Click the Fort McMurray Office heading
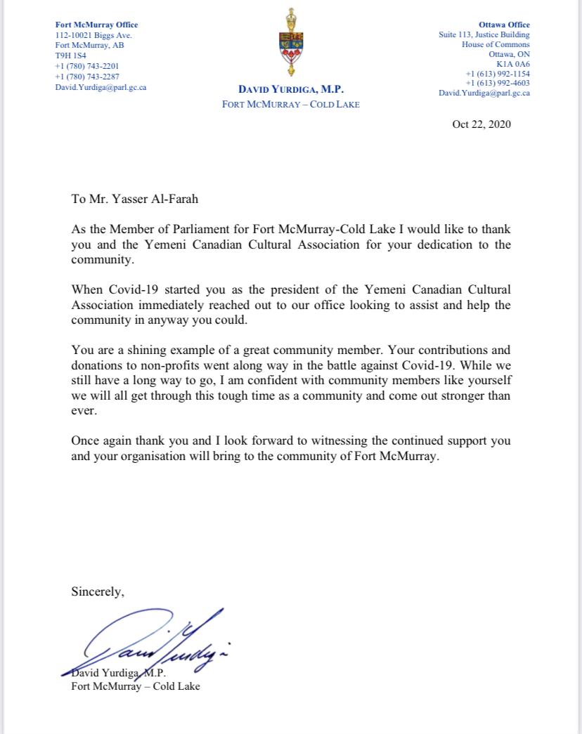point(96,25)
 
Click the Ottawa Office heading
point(508,25)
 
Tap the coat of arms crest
point(290,42)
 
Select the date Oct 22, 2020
point(481,125)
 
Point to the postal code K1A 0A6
point(515,64)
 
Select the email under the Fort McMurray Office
point(101,88)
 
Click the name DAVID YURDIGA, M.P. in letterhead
point(290,91)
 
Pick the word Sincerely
point(98,591)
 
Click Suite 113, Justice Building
point(484,35)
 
